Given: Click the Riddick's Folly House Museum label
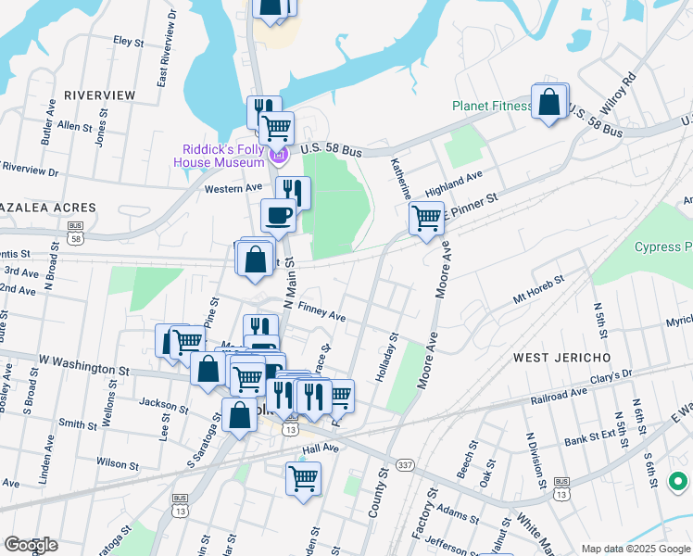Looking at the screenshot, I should point(220,155).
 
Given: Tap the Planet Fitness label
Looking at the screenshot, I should point(492,106).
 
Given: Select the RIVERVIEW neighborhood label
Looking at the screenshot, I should point(99,95).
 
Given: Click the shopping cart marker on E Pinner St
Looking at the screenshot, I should point(426,220).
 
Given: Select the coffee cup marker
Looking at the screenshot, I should point(278,217).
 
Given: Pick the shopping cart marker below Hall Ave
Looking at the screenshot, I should point(304,479).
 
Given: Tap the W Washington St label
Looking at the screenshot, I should point(83,364).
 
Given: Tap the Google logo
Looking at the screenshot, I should point(31,544).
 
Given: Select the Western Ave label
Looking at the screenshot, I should point(233,188).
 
